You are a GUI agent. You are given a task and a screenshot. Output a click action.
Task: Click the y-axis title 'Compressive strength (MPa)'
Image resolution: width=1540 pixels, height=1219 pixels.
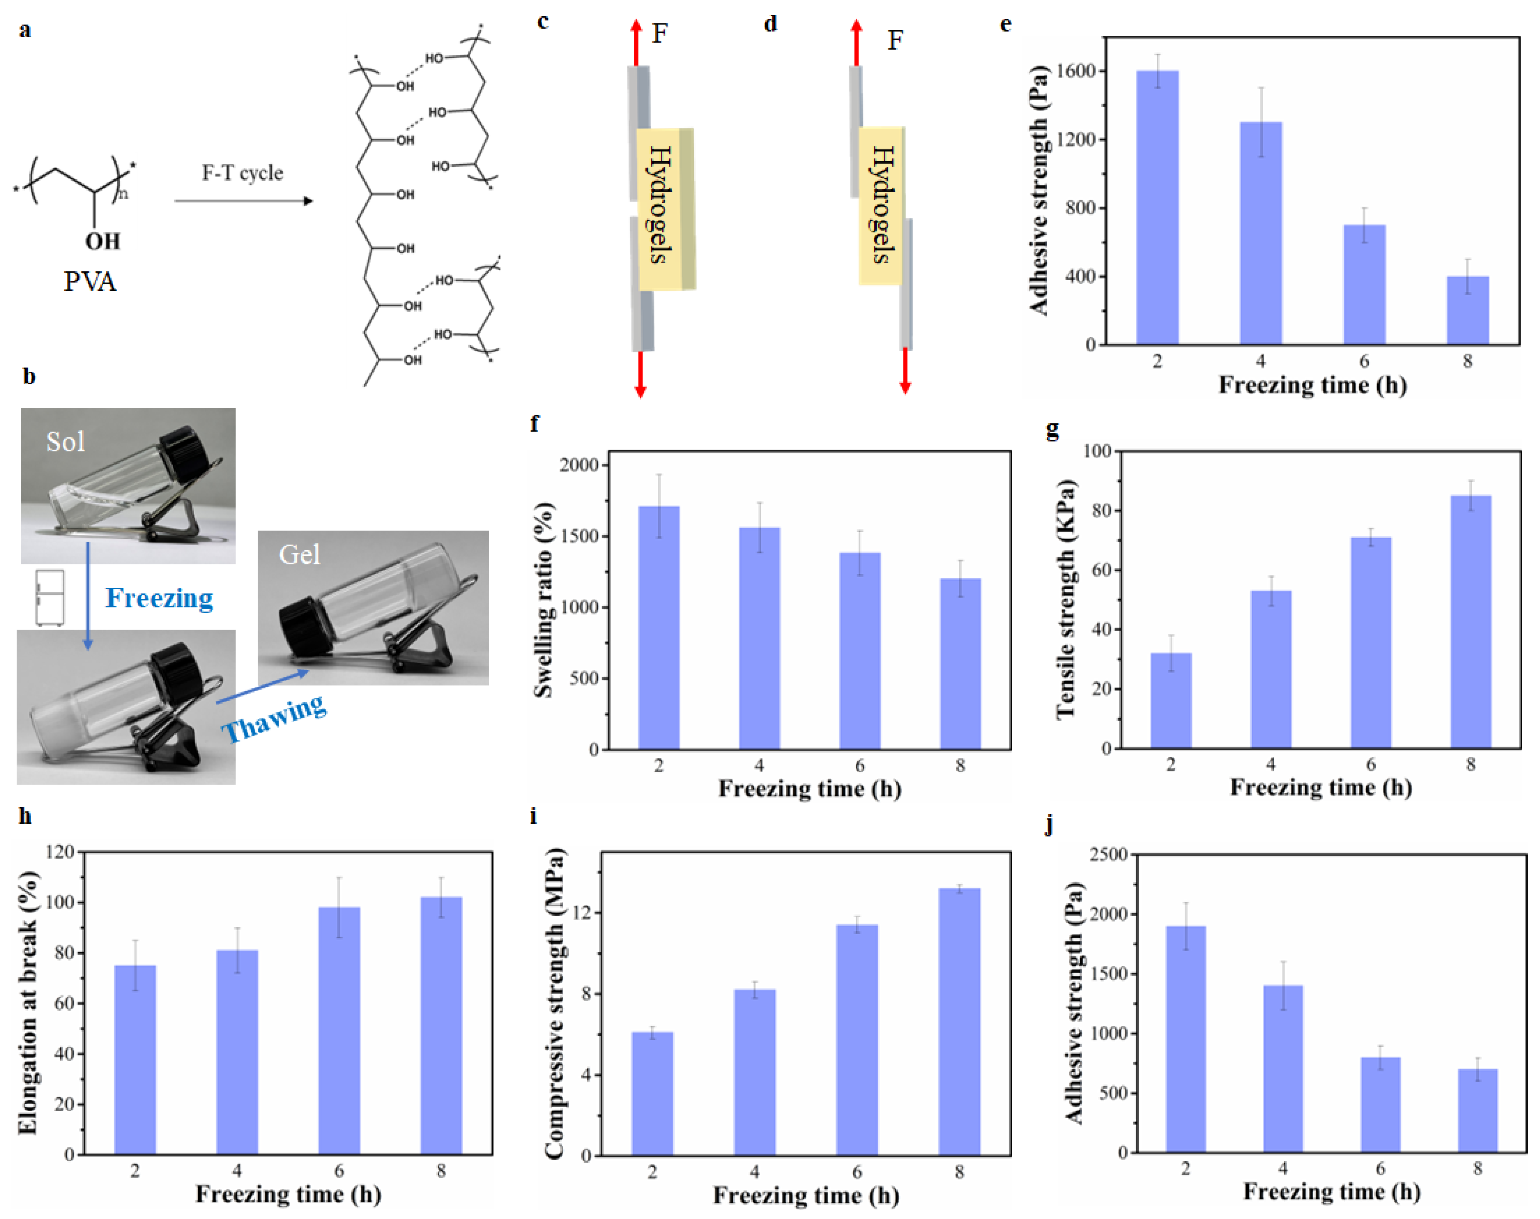click(x=555, y=1003)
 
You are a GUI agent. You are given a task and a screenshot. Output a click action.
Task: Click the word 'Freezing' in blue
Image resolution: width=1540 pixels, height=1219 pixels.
click(x=159, y=598)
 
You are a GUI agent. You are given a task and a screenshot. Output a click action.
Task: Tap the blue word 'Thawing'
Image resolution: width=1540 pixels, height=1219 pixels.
click(x=274, y=718)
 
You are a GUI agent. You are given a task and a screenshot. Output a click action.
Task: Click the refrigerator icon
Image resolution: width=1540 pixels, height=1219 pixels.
click(x=50, y=598)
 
